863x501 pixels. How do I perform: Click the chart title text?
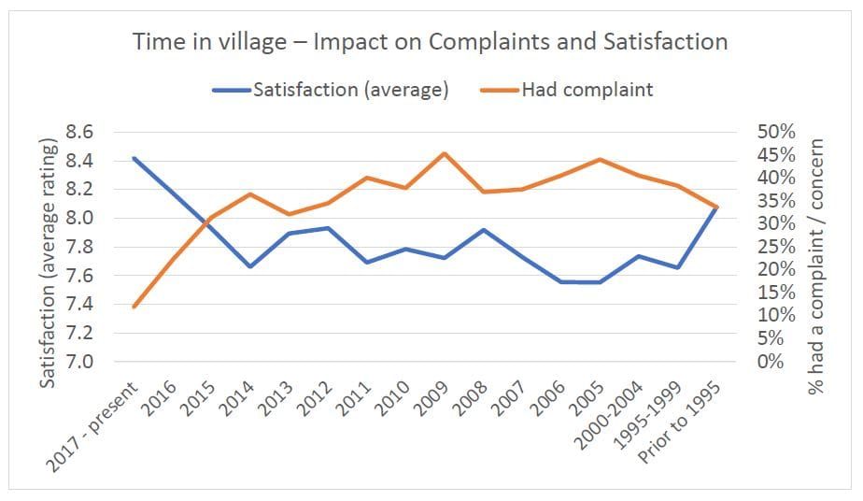click(x=431, y=42)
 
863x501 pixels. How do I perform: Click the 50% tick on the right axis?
click(x=775, y=133)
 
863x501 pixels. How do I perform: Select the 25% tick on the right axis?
click(x=775, y=247)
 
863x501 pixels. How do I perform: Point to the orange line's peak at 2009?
click(x=445, y=153)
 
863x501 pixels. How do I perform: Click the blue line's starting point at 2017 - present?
click(x=134, y=158)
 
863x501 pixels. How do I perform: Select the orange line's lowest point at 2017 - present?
click(x=134, y=307)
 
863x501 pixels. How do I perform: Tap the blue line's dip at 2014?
click(x=250, y=266)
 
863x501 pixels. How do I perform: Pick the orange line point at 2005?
click(x=600, y=160)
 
